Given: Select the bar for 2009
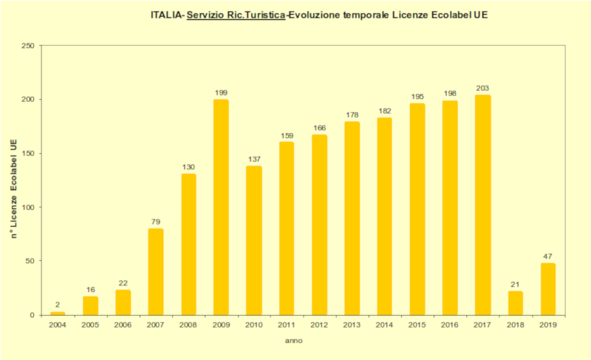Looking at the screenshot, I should pyautogui.click(x=221, y=207).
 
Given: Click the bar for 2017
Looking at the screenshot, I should pyautogui.click(x=482, y=205).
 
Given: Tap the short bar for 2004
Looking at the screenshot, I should pyautogui.click(x=58, y=313).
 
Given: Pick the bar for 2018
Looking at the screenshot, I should pyautogui.click(x=515, y=303).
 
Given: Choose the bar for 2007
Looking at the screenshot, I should pyautogui.click(x=156, y=271).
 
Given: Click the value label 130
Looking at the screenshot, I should pyautogui.click(x=188, y=166).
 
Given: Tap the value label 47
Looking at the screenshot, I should pyautogui.click(x=547, y=256).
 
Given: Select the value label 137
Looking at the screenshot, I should pyautogui.click(x=253, y=159).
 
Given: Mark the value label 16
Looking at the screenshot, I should pyautogui.click(x=90, y=290).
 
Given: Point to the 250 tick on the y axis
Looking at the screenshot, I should pyautogui.click(x=29, y=46).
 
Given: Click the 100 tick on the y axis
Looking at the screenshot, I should pyautogui.click(x=29, y=207).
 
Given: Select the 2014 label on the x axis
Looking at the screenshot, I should pyautogui.click(x=384, y=325).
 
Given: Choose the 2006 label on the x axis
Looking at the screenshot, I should pyautogui.click(x=123, y=325).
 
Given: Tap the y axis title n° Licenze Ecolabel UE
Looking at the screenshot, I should pyautogui.click(x=13, y=189).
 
